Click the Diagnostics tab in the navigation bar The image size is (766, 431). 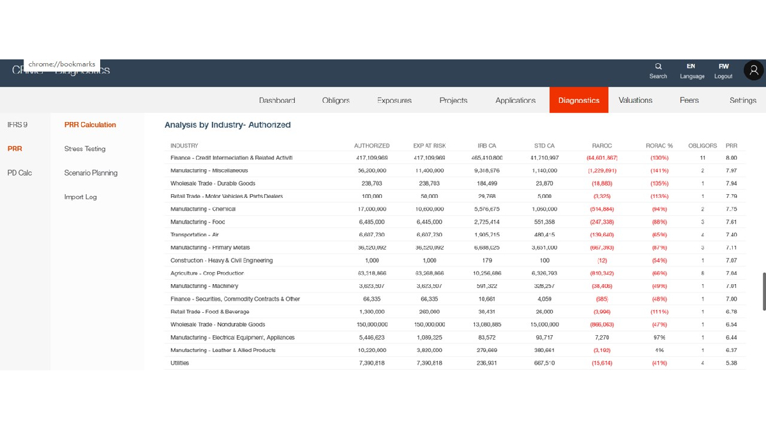578,100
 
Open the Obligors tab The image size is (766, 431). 336,100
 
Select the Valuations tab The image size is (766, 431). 635,100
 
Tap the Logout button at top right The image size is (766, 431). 723,70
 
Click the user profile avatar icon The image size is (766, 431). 754,71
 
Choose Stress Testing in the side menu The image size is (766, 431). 85,149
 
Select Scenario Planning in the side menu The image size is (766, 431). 91,173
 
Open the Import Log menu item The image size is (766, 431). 80,197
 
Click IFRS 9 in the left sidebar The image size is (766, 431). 17,125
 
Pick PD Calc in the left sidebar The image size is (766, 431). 20,173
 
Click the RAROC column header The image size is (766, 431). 601,146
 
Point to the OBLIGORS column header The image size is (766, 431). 702,146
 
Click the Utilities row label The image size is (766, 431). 180,363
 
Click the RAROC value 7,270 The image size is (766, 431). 602,337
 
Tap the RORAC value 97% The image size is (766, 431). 659,337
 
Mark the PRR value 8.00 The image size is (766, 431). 731,158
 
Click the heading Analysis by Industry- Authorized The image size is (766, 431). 227,125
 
